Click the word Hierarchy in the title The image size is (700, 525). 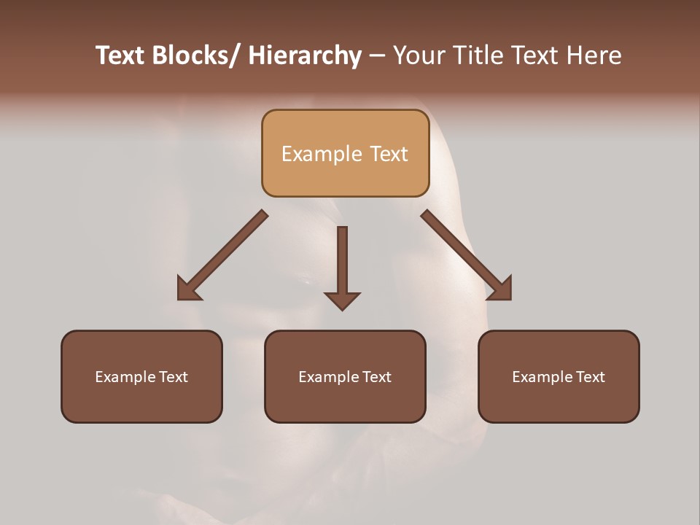tap(304, 56)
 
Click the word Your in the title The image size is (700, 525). tap(419, 56)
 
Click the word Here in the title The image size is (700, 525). tap(591, 56)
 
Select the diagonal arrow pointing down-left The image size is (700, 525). tap(222, 255)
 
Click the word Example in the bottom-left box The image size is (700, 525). tap(122, 377)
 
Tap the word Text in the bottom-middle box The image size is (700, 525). tap(373, 377)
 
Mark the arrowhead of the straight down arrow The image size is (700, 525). tap(342, 300)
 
